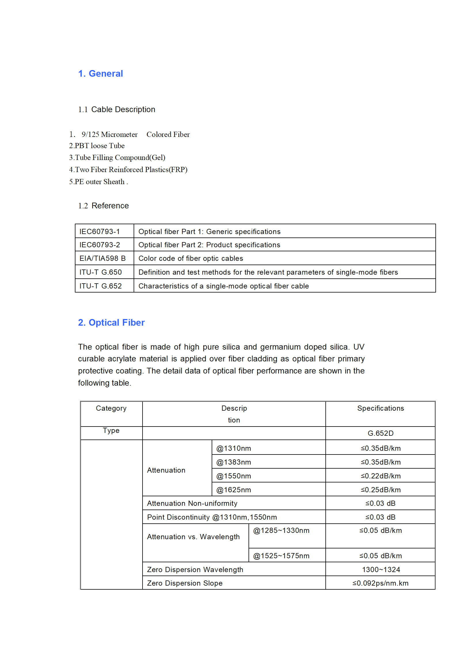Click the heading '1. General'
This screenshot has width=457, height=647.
(x=100, y=74)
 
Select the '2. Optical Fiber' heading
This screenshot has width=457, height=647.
(x=111, y=322)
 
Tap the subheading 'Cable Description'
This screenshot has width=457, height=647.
(x=123, y=110)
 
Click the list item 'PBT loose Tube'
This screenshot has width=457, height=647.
(x=97, y=146)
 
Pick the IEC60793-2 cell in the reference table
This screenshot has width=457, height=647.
(x=100, y=245)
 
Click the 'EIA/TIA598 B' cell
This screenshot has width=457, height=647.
(x=103, y=258)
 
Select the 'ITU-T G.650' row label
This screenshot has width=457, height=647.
(x=100, y=272)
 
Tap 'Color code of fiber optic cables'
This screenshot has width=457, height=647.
(x=191, y=259)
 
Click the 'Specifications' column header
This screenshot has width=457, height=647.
(x=380, y=408)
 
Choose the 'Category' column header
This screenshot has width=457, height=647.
(x=111, y=408)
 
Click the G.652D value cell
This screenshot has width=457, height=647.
(x=380, y=433)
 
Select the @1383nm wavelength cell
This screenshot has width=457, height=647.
(x=234, y=462)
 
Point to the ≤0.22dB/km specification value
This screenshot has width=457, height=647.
(x=380, y=476)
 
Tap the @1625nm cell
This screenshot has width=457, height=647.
(x=234, y=490)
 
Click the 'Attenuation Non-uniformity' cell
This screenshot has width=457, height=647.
(x=192, y=503)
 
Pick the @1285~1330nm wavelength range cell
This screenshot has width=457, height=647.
(x=281, y=531)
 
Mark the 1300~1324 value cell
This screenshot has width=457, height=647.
(x=381, y=570)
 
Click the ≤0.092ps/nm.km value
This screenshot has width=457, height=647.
(x=380, y=583)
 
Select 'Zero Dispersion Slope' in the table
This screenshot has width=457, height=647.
(x=185, y=583)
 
